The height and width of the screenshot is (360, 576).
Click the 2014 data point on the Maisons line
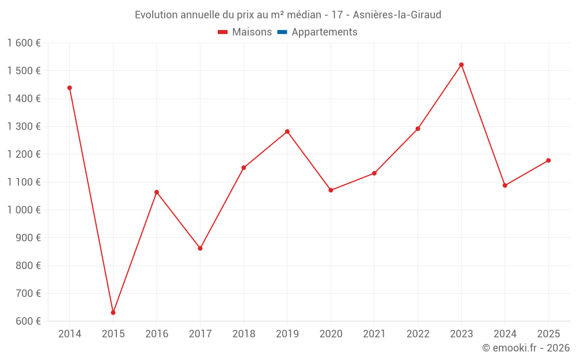pyautogui.click(x=70, y=88)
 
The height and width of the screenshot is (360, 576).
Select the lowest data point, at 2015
pyautogui.click(x=113, y=313)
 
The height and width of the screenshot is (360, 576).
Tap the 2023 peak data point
pyautogui.click(x=461, y=65)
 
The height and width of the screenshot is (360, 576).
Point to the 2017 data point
pyautogui.click(x=200, y=248)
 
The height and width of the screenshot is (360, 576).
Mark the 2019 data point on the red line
pyautogui.click(x=287, y=131)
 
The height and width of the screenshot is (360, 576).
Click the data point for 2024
pyautogui.click(x=505, y=185)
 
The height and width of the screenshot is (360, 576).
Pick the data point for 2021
pyautogui.click(x=374, y=173)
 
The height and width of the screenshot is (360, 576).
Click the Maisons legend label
pyautogui.click(x=252, y=32)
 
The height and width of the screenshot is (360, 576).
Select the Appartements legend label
pyautogui.click(x=324, y=32)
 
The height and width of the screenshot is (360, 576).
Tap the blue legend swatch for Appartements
pyautogui.click(x=282, y=32)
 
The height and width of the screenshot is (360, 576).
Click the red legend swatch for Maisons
pyautogui.click(x=223, y=32)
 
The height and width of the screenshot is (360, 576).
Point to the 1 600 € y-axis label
pyautogui.click(x=24, y=43)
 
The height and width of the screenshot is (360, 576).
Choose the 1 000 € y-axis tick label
pyautogui.click(x=24, y=210)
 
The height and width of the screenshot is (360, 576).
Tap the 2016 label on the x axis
pyautogui.click(x=157, y=334)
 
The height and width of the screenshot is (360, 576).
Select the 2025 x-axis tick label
pyautogui.click(x=548, y=334)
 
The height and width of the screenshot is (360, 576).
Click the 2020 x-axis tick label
pyautogui.click(x=331, y=334)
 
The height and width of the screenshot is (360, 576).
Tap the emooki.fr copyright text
pyautogui.click(x=526, y=348)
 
